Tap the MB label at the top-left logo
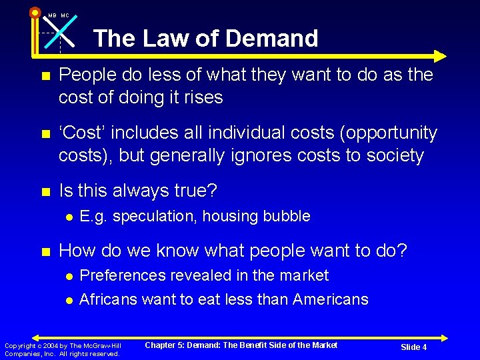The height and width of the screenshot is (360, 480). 52,15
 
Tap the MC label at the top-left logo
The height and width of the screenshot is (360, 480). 65,15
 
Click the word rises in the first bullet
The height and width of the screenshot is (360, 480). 201,97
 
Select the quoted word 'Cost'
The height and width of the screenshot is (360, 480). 82,133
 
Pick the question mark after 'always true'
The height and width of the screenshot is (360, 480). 212,191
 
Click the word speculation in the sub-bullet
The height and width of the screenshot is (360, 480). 149,217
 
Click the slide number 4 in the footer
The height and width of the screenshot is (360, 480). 424,347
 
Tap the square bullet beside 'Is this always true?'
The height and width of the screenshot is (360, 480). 46,192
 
